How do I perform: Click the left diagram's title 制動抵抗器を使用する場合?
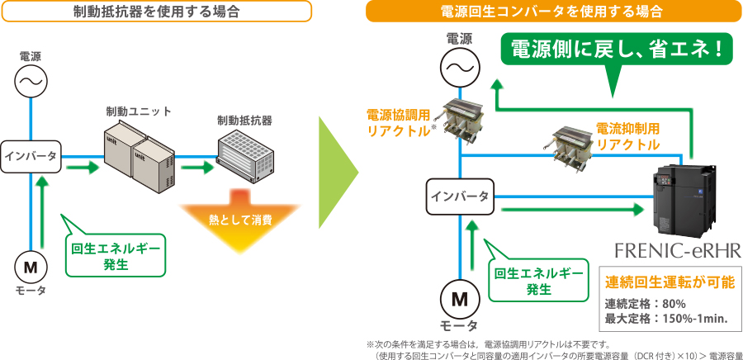tap(156, 12)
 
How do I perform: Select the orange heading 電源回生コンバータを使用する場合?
tap(554, 12)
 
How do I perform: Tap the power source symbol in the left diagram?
tap(31, 81)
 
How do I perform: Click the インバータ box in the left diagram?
tap(31, 156)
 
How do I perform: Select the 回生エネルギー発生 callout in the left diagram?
tap(116, 255)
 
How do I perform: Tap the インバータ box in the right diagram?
tap(459, 197)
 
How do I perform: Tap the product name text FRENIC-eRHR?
tap(678, 252)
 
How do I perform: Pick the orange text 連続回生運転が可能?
tap(670, 282)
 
